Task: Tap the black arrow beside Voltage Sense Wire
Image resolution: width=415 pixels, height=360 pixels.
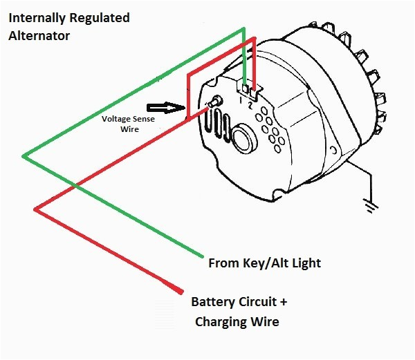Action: [165, 108]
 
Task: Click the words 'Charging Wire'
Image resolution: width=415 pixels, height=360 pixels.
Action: [238, 321]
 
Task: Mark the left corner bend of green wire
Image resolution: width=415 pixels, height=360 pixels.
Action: [24, 156]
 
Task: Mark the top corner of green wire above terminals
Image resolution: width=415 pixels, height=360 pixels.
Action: [243, 29]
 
